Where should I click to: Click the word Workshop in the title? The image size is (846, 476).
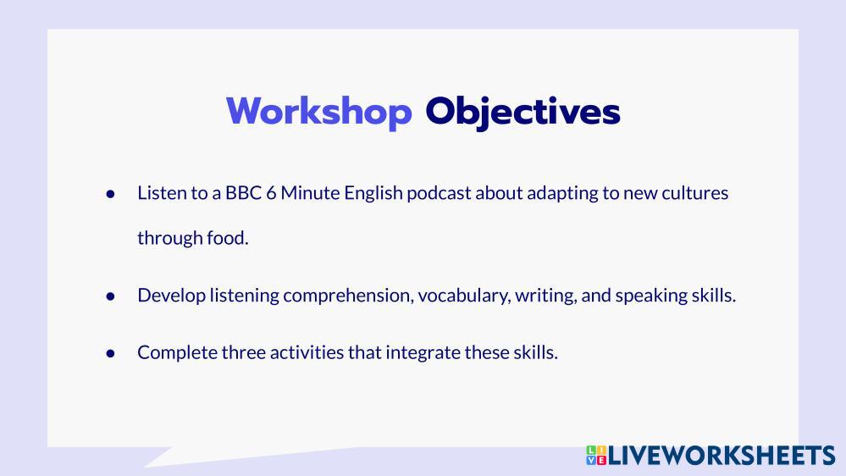point(319,112)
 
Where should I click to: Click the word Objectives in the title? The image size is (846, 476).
point(523,113)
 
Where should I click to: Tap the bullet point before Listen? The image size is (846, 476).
point(111,194)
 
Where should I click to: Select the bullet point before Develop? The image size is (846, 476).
point(111,296)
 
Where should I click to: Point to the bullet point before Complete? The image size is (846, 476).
point(111,353)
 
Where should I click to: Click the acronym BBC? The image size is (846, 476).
point(243,192)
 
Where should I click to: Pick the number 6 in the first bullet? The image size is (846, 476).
point(271,192)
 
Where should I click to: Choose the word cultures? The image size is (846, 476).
point(695,192)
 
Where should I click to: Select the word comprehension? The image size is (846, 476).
point(349,296)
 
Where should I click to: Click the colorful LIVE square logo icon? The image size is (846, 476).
point(596,455)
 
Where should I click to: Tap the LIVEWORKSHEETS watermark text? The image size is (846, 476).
point(722,456)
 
